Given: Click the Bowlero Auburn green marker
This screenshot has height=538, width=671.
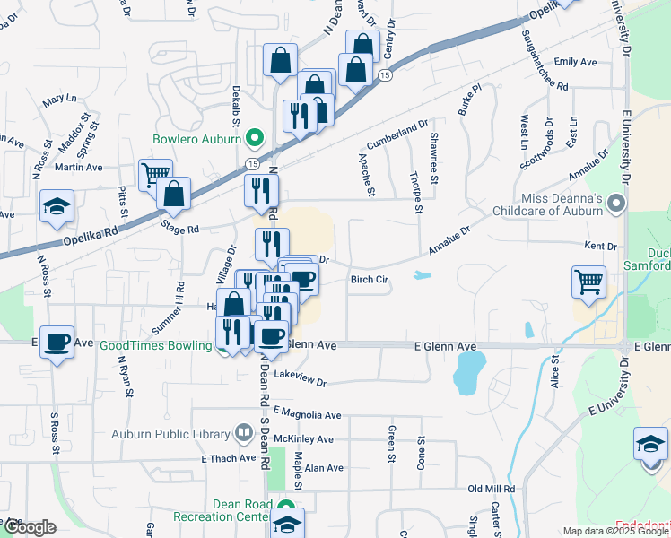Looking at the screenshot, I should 254,139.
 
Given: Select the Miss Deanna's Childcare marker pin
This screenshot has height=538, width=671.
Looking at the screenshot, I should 615,205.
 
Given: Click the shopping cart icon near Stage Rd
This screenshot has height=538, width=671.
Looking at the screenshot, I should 155,174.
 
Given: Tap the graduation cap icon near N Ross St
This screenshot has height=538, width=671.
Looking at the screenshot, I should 57,207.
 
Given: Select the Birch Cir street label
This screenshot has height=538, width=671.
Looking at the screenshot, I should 368,280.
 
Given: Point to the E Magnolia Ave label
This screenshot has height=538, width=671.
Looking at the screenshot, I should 309,415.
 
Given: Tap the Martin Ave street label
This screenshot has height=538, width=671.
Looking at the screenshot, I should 78,167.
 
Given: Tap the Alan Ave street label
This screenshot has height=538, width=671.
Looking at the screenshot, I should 324,468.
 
